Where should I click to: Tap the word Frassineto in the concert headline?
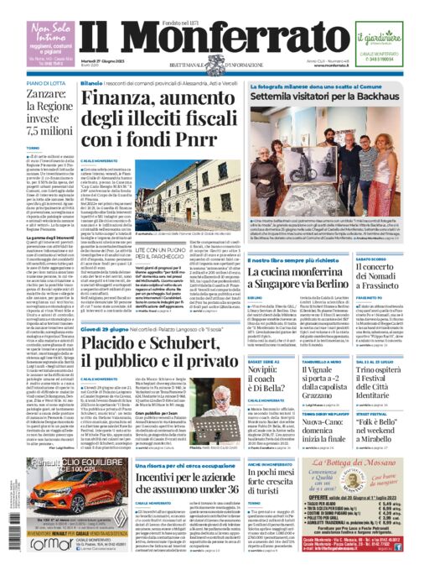coord(391,310)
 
